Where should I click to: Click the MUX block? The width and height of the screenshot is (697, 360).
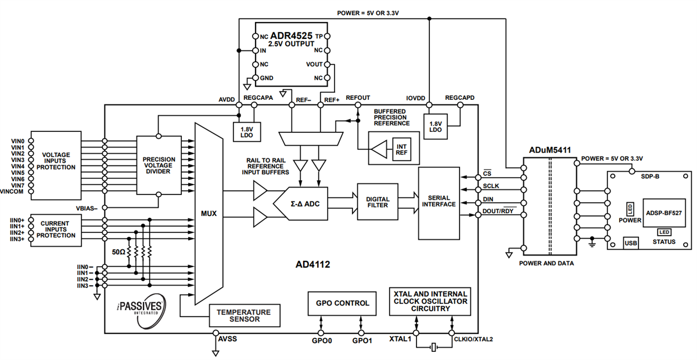208,213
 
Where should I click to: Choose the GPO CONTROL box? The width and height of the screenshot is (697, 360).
342,303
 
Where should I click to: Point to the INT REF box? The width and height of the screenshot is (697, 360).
401,149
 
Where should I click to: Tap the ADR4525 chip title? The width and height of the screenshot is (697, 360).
292,35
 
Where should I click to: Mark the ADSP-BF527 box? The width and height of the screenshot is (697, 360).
663,213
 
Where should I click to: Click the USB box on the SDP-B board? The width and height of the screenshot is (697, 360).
630,243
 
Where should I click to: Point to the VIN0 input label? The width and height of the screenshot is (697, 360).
17,141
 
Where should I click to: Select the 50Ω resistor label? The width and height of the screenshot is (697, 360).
118,252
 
